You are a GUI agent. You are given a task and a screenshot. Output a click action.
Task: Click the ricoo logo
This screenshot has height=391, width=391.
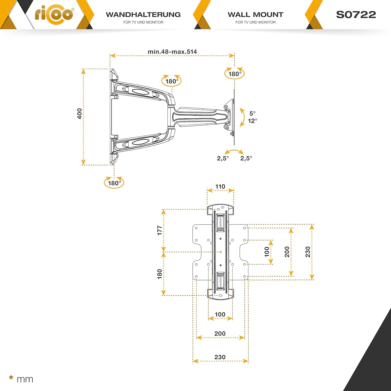coord(54,14)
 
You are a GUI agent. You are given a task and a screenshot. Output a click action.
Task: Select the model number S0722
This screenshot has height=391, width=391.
coord(356,15)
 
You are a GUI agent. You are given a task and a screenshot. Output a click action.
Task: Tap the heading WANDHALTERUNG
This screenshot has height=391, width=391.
coord(143,15)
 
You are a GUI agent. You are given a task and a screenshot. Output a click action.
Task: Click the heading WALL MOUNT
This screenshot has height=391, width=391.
coord(255,15)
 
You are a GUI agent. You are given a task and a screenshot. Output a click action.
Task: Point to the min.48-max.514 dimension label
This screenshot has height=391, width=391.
coord(172,52)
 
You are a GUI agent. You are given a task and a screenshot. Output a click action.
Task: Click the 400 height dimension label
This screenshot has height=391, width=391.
coord(80,114)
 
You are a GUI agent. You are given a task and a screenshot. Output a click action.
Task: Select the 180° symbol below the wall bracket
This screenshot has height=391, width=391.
coord(114,183)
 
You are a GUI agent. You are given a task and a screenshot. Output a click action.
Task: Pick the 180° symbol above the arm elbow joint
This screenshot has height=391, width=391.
coord(172,81)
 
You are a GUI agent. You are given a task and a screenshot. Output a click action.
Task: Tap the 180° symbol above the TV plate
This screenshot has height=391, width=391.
coord(235,74)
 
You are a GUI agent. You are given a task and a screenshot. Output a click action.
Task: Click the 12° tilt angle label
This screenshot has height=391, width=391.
coord(252,121)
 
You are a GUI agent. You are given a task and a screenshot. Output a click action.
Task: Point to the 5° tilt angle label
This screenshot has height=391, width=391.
coord(252,113)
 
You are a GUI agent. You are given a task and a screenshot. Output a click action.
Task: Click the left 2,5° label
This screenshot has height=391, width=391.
coord(223,158)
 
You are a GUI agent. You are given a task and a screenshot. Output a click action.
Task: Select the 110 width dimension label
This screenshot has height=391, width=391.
coord(220,187)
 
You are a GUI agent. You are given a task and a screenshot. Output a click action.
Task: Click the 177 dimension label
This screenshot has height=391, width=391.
coord(160,231)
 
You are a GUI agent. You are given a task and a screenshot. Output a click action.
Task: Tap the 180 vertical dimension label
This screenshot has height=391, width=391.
coord(160,274)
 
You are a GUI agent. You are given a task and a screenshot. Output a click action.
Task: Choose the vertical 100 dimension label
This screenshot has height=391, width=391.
coord(267,252)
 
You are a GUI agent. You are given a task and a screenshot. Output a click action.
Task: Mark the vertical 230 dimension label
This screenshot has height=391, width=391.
coord(308,252)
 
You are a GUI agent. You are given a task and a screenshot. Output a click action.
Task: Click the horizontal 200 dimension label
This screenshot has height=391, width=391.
coord(220,334)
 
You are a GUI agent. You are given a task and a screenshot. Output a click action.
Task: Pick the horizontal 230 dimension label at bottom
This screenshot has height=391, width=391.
coord(220,357)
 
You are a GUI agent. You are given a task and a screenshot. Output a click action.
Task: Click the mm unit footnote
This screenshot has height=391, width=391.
coord(25,379)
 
